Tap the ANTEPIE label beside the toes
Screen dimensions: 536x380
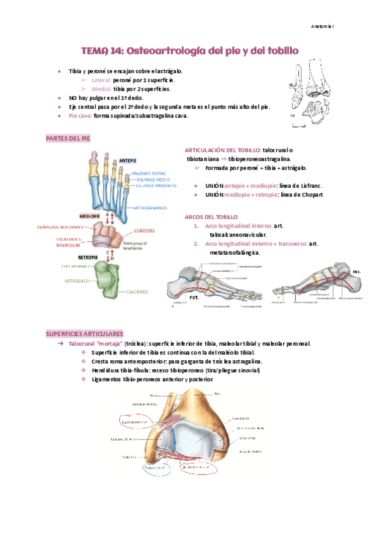(x=128, y=161)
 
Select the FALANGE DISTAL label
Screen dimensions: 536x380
(x=149, y=173)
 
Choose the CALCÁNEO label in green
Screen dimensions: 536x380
(x=137, y=291)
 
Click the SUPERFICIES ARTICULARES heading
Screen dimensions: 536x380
(x=84, y=333)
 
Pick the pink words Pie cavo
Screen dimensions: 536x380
(x=80, y=116)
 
